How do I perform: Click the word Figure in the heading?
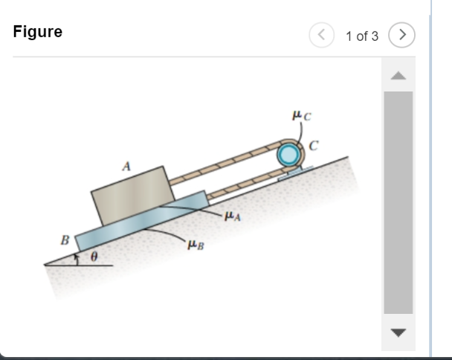coord(38,31)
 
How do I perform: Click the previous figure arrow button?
coord(321,35)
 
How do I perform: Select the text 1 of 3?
coord(362,36)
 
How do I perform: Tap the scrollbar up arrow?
coord(398,76)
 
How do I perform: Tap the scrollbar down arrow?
coord(398,332)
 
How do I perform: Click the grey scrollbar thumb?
coord(398,202)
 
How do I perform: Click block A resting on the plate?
coord(133,196)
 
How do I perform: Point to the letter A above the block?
coord(126,167)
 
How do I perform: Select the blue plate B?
coord(142,221)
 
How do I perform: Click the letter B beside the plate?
coord(65,240)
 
